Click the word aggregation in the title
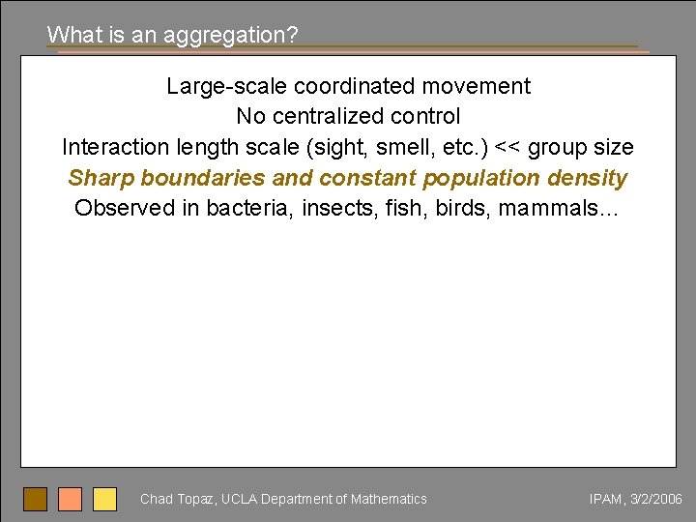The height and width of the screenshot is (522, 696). pyautogui.click(x=231, y=35)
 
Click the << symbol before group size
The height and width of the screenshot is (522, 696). pyautogui.click(x=508, y=147)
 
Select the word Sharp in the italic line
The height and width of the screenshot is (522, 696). pyautogui.click(x=101, y=178)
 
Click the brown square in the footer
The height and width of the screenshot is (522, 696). pyautogui.click(x=36, y=499)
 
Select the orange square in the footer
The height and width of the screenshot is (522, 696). pyautogui.click(x=71, y=499)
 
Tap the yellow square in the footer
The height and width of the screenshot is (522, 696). pyautogui.click(x=104, y=499)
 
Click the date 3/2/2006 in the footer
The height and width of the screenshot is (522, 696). pyautogui.click(x=656, y=499)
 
